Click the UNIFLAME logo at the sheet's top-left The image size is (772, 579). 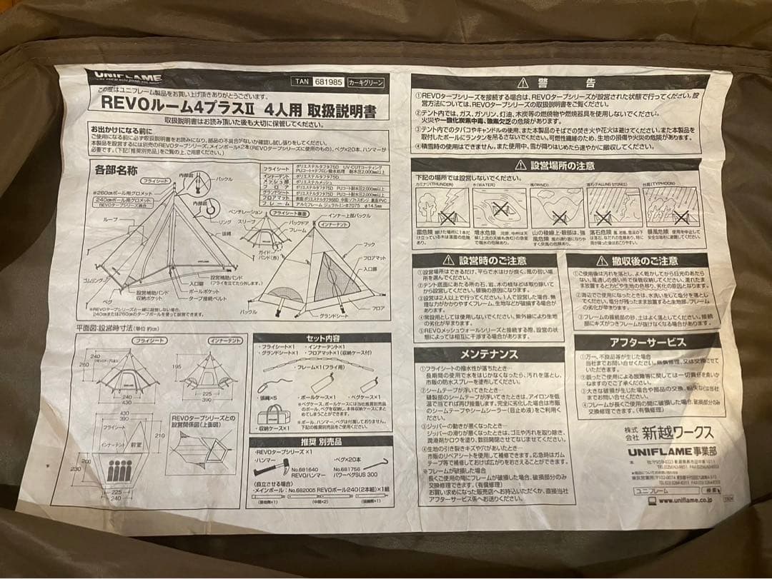(x=127, y=76)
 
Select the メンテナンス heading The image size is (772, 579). (x=489, y=353)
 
